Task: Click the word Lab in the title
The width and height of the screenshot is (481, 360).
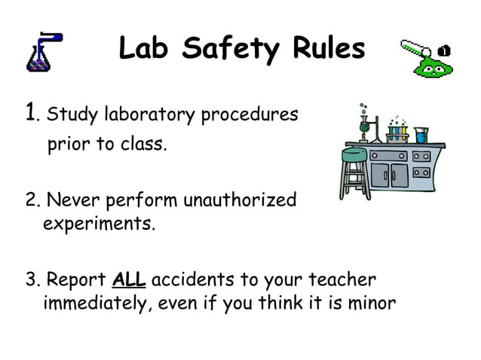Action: point(146,49)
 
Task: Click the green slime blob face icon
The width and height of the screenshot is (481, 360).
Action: point(434,66)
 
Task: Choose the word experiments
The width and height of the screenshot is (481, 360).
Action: point(99,225)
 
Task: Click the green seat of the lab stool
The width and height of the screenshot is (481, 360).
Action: point(354,154)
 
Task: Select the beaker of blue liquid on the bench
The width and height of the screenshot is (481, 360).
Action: point(421,135)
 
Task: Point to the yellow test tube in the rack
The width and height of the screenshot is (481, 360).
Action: point(402,134)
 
